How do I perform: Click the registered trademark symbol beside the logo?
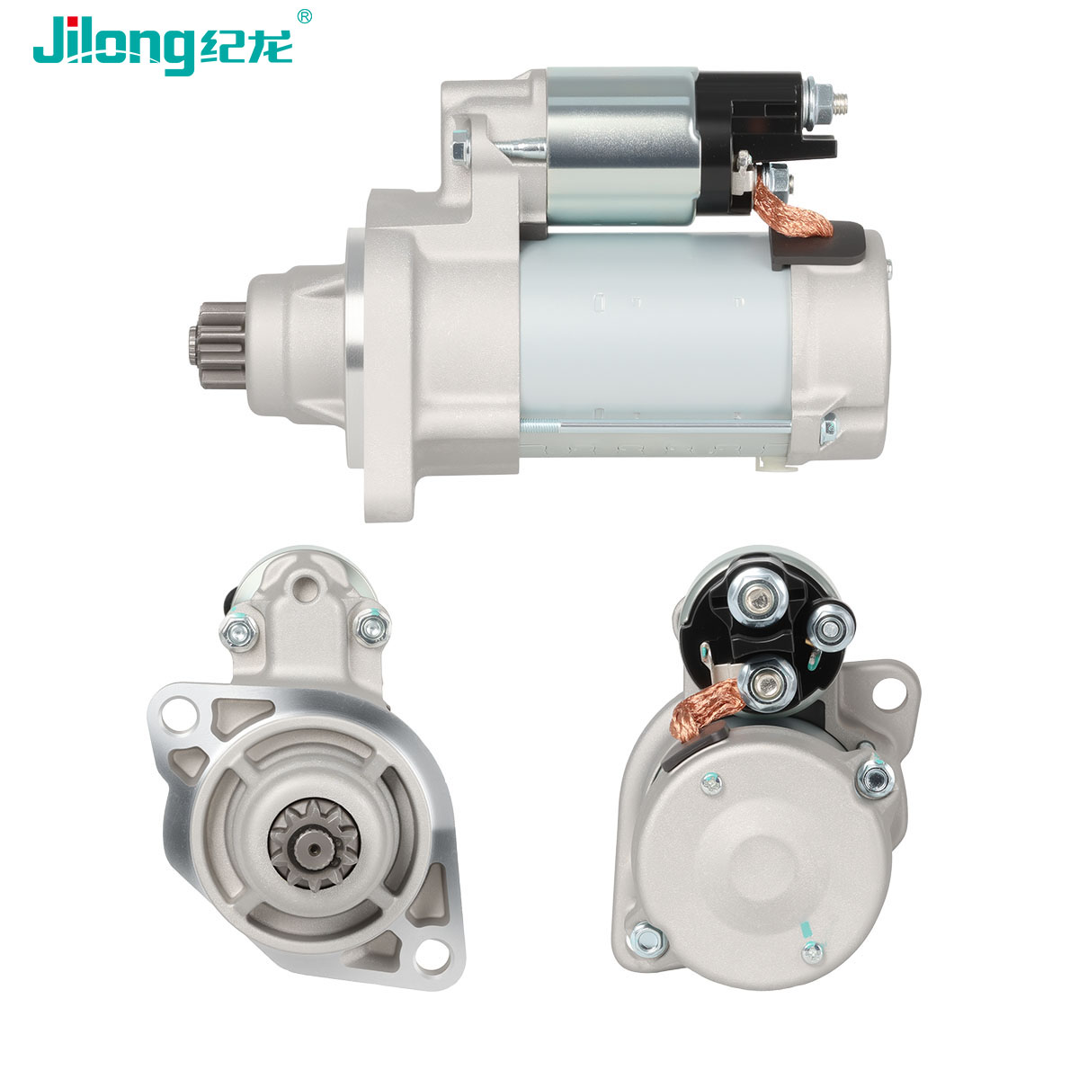click(304, 17)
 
